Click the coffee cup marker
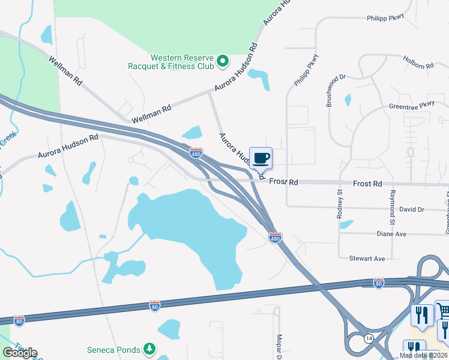pyautogui.click(x=261, y=159)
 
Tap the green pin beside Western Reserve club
pyautogui.click(x=222, y=60)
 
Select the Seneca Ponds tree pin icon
pyautogui.click(x=149, y=349)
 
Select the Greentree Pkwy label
pyautogui.click(x=411, y=105)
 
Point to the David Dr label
pyautogui.click(x=411, y=209)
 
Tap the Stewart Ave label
pyautogui.click(x=367, y=259)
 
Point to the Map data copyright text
pyautogui.click(x=422, y=355)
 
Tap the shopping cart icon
pyautogui.click(x=442, y=311)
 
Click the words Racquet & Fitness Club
pyautogui.click(x=171, y=66)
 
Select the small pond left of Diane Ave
pyautogui.click(x=346, y=224)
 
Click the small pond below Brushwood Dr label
pyautogui.click(x=348, y=100)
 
